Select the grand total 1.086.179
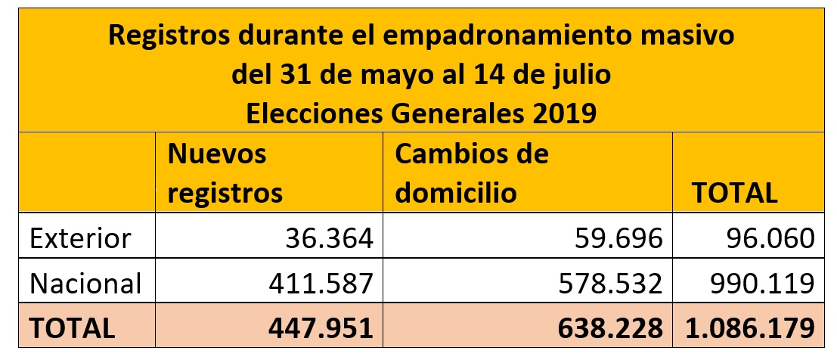749,327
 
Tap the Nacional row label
85,284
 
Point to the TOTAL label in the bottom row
72,327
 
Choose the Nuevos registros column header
225,173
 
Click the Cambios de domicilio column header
472,173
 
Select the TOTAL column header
735,193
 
